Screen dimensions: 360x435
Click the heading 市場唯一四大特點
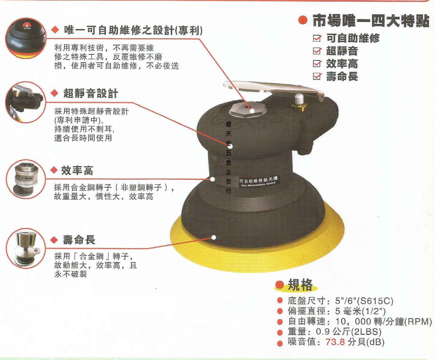pyautogui.click(x=371, y=21)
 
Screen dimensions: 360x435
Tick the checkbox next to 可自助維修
pyautogui.click(x=317, y=38)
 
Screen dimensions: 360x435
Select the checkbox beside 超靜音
pyautogui.click(x=317, y=51)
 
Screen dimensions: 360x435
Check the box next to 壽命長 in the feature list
pyautogui.click(x=317, y=76)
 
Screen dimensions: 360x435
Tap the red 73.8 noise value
pyautogui.click(x=335, y=342)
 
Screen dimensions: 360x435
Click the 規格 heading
pyautogui.click(x=300, y=285)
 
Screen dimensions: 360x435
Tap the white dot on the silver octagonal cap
pyautogui.click(x=252, y=111)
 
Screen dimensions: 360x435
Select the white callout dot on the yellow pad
pyautogui.click(x=214, y=237)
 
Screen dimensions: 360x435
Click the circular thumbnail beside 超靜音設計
pyautogui.click(x=25, y=102)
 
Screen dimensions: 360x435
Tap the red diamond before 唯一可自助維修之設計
pyautogui.click(x=55, y=30)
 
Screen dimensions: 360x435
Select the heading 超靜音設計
pyautogui.click(x=90, y=93)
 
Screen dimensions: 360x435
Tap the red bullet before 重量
pyautogui.click(x=280, y=333)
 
